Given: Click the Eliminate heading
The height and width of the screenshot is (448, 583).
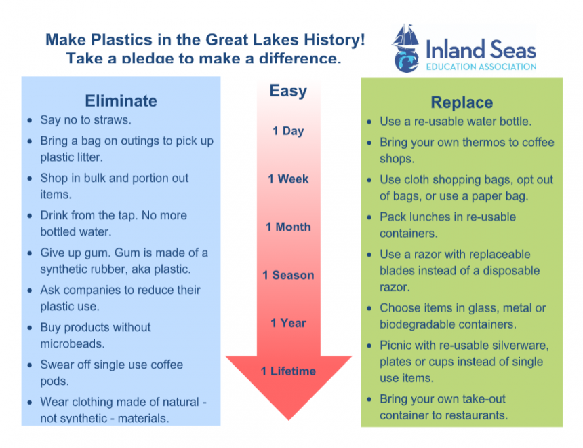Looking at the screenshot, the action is pyautogui.click(x=121, y=101).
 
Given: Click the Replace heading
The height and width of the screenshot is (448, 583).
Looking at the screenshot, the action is pyautogui.click(x=462, y=102).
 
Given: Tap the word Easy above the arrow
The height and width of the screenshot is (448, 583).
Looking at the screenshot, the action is pyautogui.click(x=288, y=91).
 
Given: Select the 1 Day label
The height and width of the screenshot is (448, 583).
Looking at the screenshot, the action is pyautogui.click(x=288, y=131).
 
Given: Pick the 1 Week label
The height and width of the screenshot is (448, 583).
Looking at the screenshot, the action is pyautogui.click(x=288, y=179).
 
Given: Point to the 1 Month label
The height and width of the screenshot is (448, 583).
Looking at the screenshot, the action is pyautogui.click(x=288, y=227).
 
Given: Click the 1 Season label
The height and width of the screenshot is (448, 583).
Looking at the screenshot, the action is pyautogui.click(x=288, y=275).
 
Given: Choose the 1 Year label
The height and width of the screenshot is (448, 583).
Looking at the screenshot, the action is pyautogui.click(x=288, y=323).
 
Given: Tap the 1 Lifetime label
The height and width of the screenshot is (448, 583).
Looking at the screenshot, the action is pyautogui.click(x=288, y=371).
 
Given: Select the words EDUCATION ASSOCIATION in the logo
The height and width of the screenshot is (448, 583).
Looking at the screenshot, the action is pyautogui.click(x=481, y=67).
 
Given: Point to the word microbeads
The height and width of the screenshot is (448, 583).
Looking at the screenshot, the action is pyautogui.click(x=72, y=343).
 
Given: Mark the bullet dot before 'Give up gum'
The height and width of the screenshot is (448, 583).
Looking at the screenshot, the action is pyautogui.click(x=30, y=253).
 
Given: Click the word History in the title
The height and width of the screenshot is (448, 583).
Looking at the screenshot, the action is pyautogui.click(x=334, y=40).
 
